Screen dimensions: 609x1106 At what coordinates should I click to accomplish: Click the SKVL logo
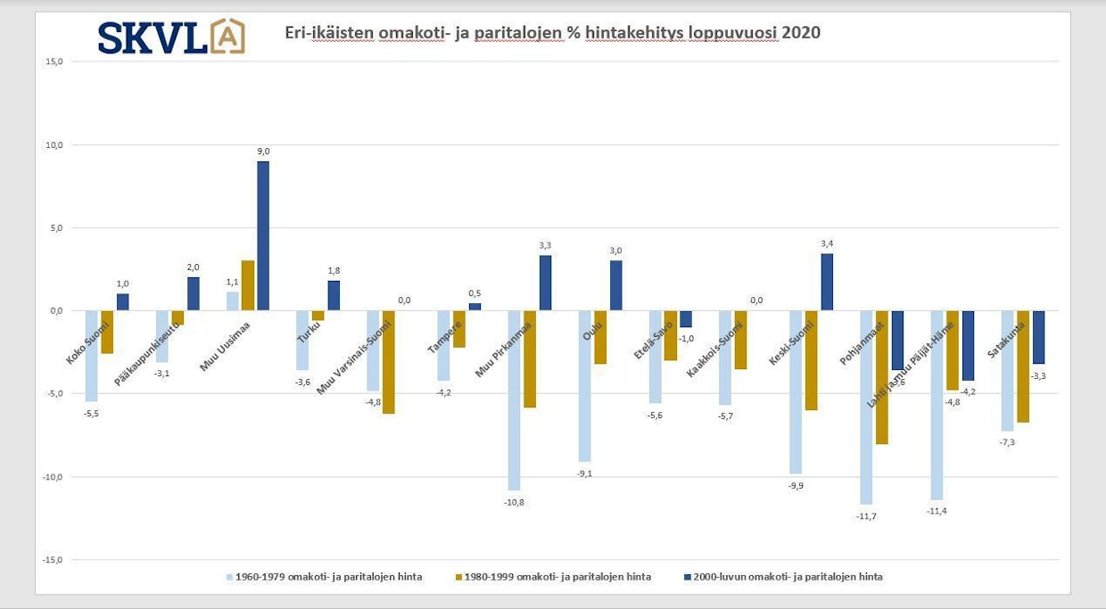[170, 37]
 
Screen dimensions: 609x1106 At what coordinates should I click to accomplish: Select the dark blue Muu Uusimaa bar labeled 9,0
[263, 235]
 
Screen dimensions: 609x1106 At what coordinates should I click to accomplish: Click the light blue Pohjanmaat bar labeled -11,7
[866, 407]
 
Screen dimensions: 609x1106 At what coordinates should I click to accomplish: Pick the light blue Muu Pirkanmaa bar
[514, 400]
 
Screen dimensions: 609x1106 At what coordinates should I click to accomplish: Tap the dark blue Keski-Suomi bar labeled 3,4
[827, 282]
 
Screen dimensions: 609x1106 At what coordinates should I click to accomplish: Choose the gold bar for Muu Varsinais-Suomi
[388, 362]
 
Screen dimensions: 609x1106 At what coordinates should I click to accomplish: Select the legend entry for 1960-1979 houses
[324, 577]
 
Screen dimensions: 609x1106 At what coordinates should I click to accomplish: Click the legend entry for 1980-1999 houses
[552, 577]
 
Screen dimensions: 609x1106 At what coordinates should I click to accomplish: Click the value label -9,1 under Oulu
[584, 473]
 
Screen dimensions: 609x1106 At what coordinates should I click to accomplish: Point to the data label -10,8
[515, 503]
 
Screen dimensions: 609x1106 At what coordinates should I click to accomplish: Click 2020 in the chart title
[800, 33]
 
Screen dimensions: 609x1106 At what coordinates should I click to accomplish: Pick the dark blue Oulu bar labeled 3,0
[616, 285]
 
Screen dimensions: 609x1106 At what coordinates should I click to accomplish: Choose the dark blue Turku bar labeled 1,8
[333, 295]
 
